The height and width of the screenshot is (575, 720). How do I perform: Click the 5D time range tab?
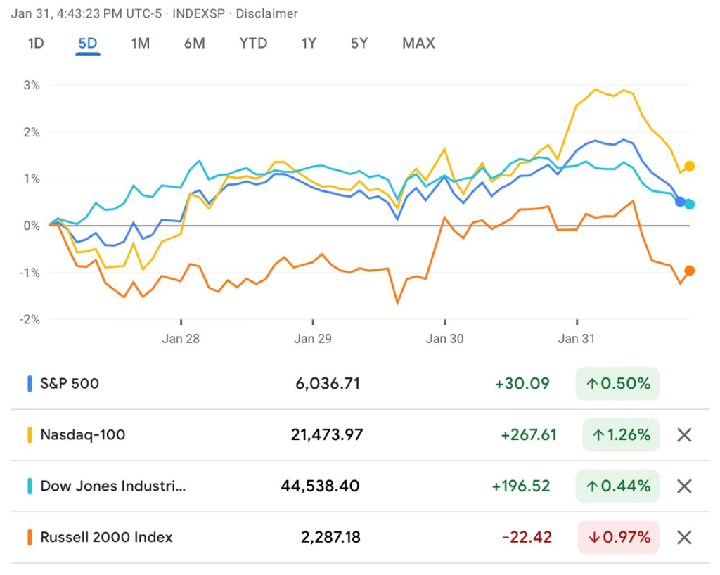click(88, 44)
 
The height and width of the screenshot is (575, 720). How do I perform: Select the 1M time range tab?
click(140, 44)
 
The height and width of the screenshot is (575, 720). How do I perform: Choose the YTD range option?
click(253, 44)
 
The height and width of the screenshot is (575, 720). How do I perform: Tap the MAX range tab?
click(418, 44)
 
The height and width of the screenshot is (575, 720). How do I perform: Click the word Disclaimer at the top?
click(266, 14)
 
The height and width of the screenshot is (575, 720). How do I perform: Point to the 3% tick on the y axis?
click(31, 85)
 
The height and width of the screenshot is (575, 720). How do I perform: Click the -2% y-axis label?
click(29, 319)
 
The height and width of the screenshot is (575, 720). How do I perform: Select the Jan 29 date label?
click(313, 339)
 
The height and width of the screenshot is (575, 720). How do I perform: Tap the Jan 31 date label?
click(577, 339)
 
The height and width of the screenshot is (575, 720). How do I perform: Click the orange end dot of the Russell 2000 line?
click(690, 271)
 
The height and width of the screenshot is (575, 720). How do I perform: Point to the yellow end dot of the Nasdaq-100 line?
click(690, 166)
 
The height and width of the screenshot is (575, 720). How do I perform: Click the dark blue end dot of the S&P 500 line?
click(680, 202)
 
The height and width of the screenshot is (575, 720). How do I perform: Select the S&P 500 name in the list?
click(70, 384)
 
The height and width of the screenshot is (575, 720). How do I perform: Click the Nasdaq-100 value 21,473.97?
click(327, 435)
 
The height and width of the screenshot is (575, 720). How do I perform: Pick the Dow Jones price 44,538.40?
click(320, 486)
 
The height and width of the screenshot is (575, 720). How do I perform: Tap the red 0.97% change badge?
click(619, 538)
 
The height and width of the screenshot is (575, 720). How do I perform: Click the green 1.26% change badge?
click(621, 435)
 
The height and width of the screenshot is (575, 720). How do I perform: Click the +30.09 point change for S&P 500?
click(522, 384)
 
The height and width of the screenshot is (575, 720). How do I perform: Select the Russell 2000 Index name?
click(106, 538)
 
